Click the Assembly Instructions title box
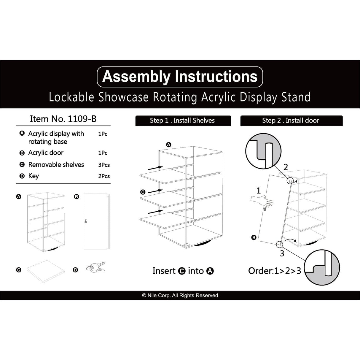coord(180,77)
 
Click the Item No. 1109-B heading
coord(63,119)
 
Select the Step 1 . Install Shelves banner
coord(183,120)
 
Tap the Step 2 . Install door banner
coord(291,120)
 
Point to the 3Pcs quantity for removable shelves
coord(104,165)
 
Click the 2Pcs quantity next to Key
coord(104,176)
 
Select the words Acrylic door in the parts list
coord(46,153)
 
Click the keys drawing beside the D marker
coord(96,267)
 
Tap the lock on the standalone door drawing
coord(86,221)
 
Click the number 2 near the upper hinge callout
coord(286,167)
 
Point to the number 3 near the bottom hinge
coord(282,253)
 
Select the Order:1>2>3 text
coord(275,271)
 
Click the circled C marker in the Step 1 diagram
coord(143,192)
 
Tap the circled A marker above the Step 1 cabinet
coord(168,145)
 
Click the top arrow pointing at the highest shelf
coord(155,168)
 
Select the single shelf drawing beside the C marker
coord(45,271)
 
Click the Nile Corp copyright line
coord(180,296)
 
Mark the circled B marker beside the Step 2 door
coord(254,237)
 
